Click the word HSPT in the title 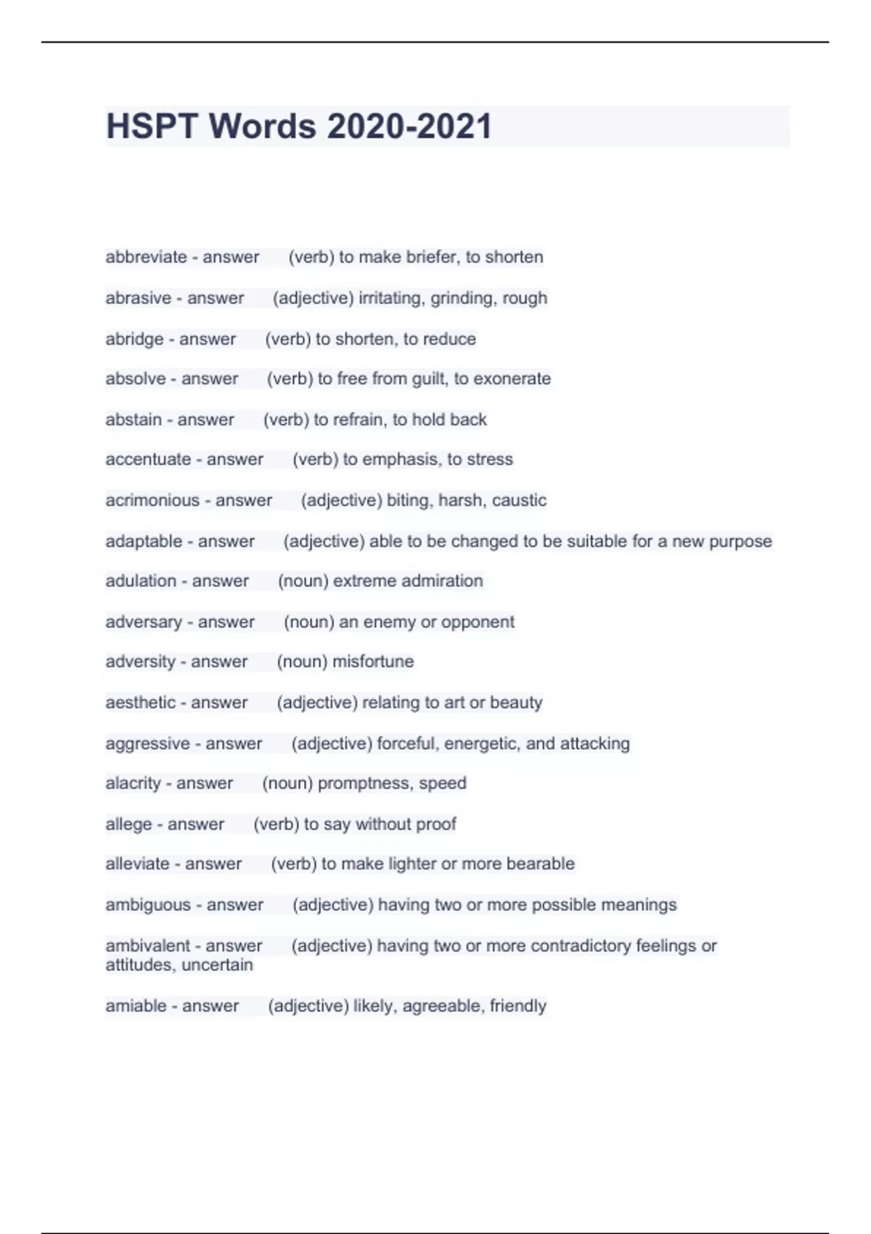click(152, 126)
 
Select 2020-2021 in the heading click(409, 126)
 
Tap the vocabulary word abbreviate click(146, 257)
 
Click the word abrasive click(138, 298)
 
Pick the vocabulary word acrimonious click(152, 500)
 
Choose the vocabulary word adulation click(141, 581)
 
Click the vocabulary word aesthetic click(141, 703)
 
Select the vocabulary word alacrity click(133, 783)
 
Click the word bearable click(540, 864)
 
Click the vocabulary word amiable click(136, 1006)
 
